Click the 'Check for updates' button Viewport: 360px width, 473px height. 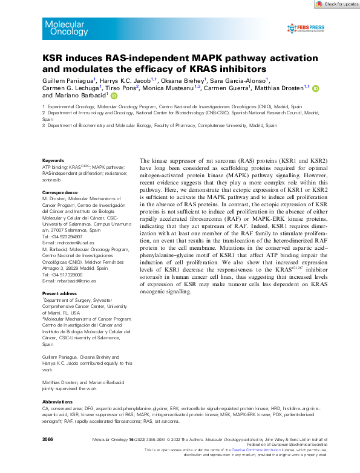[336, 4]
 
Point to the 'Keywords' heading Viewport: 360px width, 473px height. [53, 161]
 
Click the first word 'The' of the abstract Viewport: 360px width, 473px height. [146, 156]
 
